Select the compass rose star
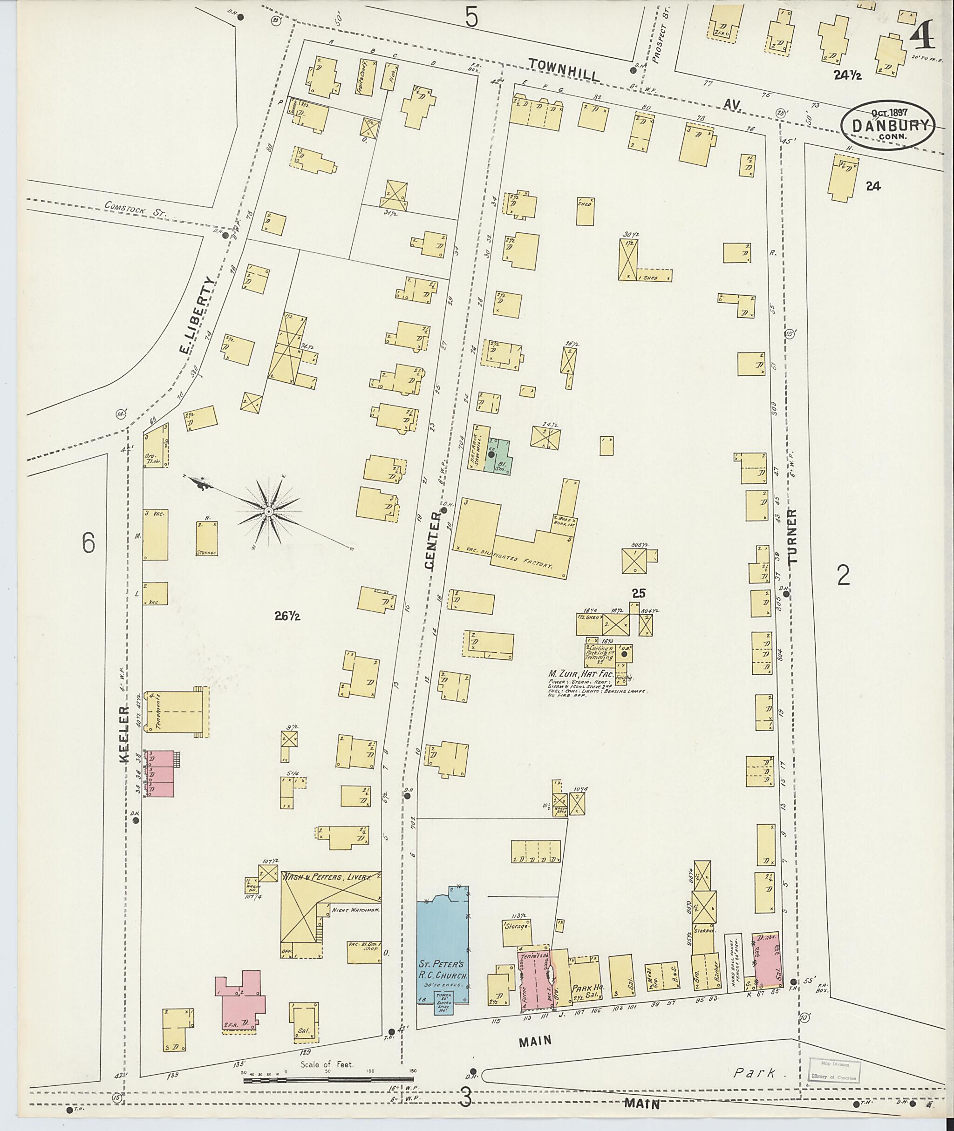[268, 511]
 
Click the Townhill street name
[565, 70]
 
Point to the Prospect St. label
[658, 34]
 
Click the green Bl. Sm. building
[498, 456]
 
